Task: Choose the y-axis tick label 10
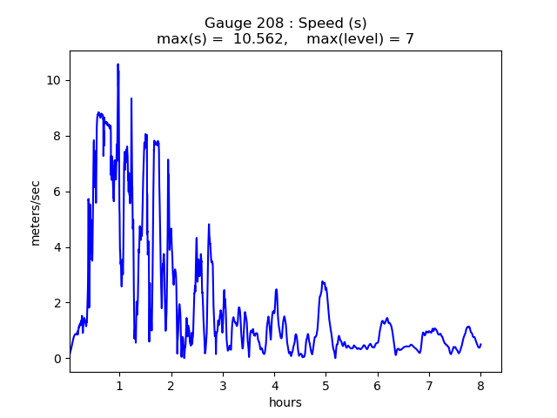pyautogui.click(x=54, y=80)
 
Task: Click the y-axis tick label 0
pyautogui.click(x=57, y=359)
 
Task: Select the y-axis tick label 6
pyautogui.click(x=57, y=192)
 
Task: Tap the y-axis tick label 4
pyautogui.click(x=57, y=247)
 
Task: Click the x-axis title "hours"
pyautogui.click(x=285, y=402)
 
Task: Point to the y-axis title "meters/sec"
pyautogui.click(x=36, y=212)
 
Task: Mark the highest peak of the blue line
pyautogui.click(x=117, y=64)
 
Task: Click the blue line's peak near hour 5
pyautogui.click(x=322, y=281)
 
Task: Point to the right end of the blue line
pyautogui.click(x=480, y=344)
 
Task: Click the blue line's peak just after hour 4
pyautogui.click(x=276, y=290)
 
